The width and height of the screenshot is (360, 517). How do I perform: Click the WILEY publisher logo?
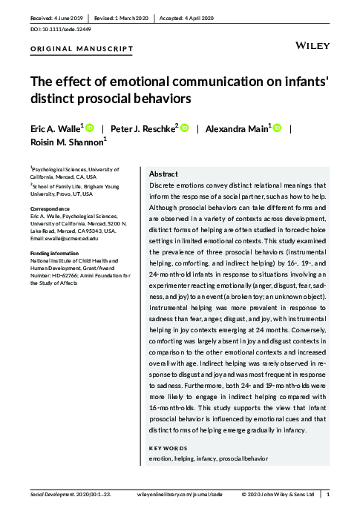tap(312, 45)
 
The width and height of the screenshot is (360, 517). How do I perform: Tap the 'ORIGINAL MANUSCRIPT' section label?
tap(82, 50)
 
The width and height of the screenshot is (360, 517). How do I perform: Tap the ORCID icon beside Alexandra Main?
tap(278, 128)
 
